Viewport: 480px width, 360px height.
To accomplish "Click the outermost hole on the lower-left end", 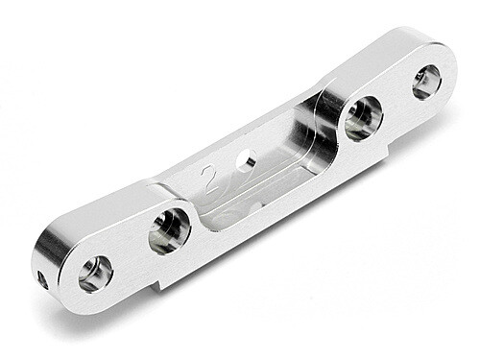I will (x=95, y=274).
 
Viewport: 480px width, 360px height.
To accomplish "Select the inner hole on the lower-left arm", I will (x=168, y=231).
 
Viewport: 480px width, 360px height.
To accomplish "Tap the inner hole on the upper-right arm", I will (x=363, y=117).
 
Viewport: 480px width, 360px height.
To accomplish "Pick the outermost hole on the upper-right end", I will (x=426, y=82).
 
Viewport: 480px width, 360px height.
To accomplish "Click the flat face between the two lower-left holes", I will (x=130, y=245).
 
